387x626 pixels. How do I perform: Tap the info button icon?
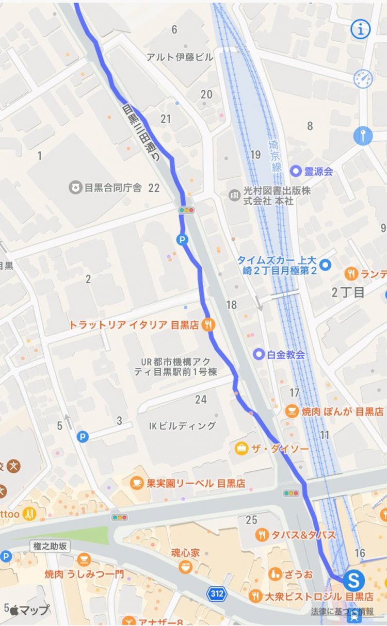pos(361,29)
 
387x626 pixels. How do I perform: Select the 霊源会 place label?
pos(318,171)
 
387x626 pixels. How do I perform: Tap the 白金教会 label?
pos(286,354)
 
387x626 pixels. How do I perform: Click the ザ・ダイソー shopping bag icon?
pos(240,449)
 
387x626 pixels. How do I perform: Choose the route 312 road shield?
pos(217,594)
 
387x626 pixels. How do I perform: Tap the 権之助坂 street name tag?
pos(50,546)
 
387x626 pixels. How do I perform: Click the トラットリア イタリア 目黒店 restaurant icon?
pos(208,324)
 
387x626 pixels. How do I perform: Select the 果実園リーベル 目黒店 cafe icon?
pos(136,483)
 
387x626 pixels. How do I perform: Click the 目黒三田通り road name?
pos(141,133)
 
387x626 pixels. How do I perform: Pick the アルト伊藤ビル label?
pos(180,57)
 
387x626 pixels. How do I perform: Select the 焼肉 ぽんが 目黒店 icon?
pos(292,411)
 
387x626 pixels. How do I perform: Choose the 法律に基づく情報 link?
pos(342,612)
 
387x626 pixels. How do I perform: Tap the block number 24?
pos(201,399)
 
